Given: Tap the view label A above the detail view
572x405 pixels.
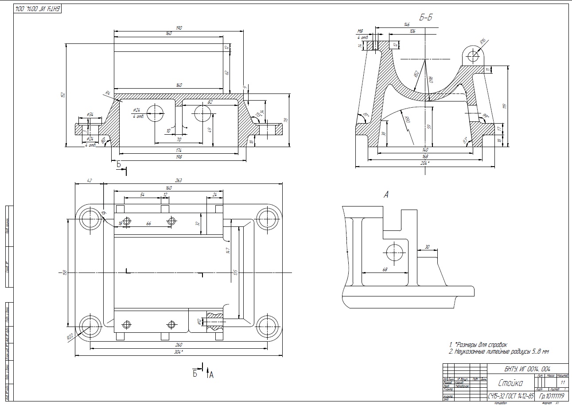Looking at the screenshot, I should [386, 195].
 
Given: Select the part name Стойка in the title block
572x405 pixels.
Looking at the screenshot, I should [510, 383].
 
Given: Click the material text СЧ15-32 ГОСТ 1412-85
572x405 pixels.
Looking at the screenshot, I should [511, 396].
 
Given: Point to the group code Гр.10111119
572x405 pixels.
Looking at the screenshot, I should [551, 396].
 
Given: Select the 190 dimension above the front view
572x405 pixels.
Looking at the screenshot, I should [179, 28].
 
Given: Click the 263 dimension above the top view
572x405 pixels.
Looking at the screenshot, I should [179, 180].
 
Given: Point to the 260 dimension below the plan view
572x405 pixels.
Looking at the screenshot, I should [179, 344].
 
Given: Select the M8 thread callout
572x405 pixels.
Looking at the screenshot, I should [360, 31].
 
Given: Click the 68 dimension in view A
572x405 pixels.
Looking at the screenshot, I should [384, 269].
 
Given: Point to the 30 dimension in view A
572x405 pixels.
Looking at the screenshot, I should [427, 247].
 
